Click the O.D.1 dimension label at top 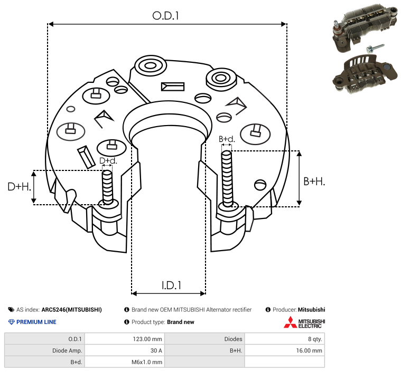pyautogui.click(x=165, y=16)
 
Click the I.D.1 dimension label pyautogui.click(x=171, y=285)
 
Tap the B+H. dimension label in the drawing pyautogui.click(x=314, y=182)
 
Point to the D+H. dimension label pyautogui.click(x=19, y=187)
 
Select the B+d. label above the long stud pyautogui.click(x=227, y=139)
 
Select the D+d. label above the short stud pyautogui.click(x=108, y=161)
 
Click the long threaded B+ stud pyautogui.click(x=227, y=178)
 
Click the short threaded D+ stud pyautogui.click(x=107, y=187)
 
